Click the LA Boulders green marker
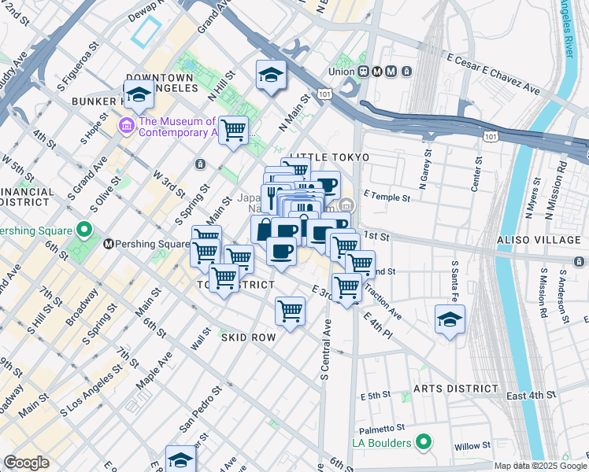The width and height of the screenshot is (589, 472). [424, 443]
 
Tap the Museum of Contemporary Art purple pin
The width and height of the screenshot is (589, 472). [126, 126]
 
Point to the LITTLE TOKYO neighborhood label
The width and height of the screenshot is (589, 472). [329, 158]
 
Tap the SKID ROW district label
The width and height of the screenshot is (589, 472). [247, 337]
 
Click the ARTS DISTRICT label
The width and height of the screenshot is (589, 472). [457, 389]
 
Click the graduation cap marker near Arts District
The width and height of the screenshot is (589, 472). [450, 319]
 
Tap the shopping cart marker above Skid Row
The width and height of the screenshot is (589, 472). [290, 311]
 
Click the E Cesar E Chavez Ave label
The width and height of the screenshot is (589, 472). [493, 74]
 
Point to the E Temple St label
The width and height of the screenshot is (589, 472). [388, 194]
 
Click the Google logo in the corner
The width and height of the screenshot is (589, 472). [26, 463]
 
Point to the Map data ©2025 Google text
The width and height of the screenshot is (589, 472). [540, 466]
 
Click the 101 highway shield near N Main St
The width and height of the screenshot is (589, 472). [324, 94]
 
